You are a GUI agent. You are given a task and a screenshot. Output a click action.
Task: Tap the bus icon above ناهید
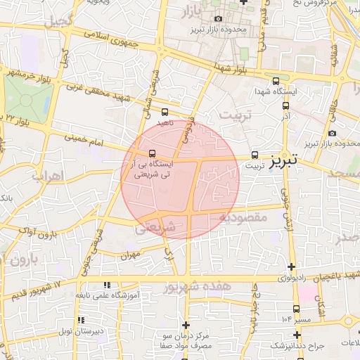click(x=165, y=112)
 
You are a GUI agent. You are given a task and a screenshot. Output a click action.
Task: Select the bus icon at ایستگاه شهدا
click(x=275, y=81)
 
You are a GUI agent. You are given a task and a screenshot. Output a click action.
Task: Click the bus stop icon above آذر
click(x=285, y=105)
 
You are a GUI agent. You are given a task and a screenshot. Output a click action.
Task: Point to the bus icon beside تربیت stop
click(x=255, y=155)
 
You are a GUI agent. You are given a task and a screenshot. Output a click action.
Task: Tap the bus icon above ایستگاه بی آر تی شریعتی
click(x=152, y=153)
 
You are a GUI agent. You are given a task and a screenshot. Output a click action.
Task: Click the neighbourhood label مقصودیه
click(x=243, y=218)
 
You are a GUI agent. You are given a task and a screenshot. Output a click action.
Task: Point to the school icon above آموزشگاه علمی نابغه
click(x=107, y=285)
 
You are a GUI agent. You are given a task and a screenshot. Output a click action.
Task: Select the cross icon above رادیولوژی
click(x=292, y=267)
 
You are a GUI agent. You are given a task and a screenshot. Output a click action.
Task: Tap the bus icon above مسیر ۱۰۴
click(x=296, y=308)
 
